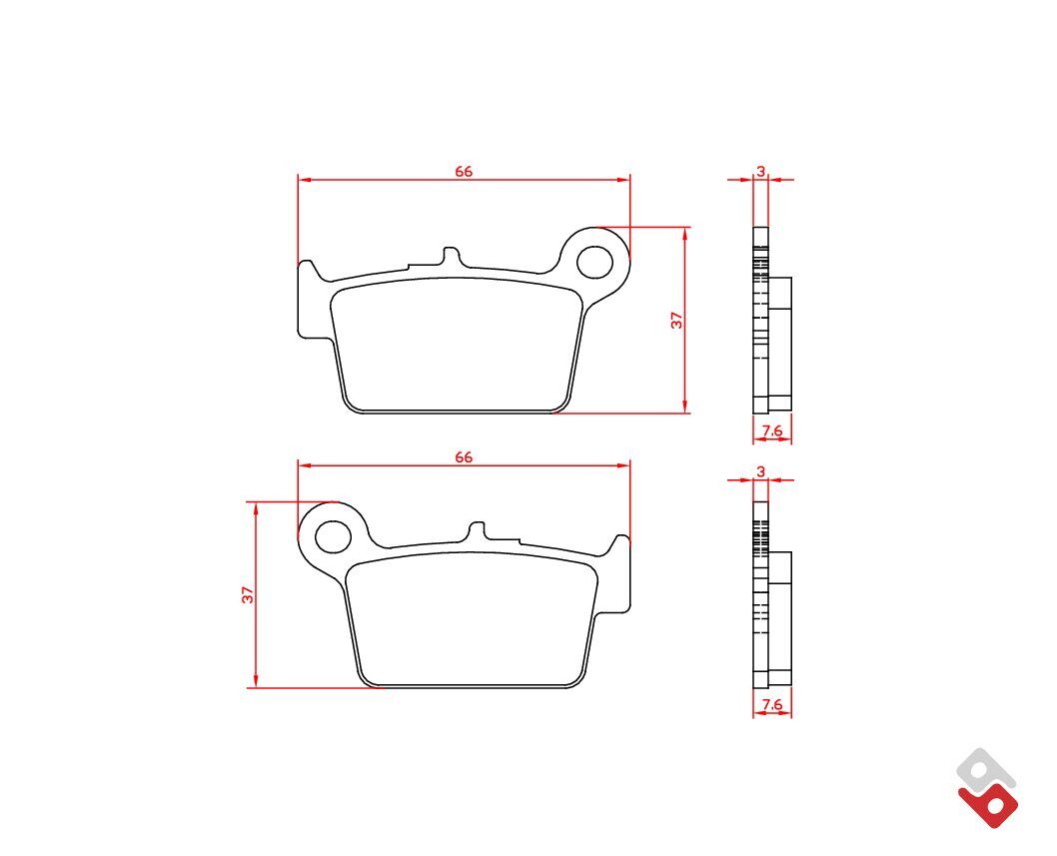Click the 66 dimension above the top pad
click(x=464, y=171)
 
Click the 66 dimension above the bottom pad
click(x=464, y=457)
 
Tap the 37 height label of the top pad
click(x=676, y=321)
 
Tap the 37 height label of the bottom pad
click(x=248, y=594)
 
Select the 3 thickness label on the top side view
click(x=761, y=171)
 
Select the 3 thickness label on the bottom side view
click(x=761, y=471)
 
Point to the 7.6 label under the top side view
click(x=772, y=430)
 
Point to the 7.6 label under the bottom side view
click(x=772, y=704)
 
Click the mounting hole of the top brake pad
click(x=594, y=262)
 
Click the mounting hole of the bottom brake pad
click(x=334, y=536)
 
